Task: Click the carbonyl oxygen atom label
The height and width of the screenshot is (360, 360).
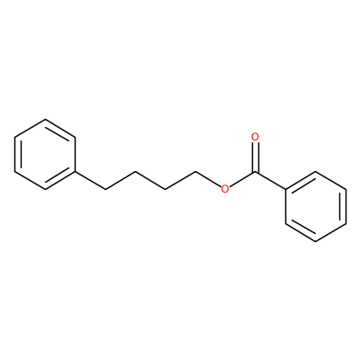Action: [256, 137]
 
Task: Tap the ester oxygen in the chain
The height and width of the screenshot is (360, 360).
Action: [225, 189]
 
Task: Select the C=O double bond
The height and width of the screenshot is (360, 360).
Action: [256, 157]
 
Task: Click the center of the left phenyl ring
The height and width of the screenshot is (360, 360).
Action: [45, 155]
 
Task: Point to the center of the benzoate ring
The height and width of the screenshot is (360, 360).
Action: [316, 206]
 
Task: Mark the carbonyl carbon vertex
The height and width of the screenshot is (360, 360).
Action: [256, 172]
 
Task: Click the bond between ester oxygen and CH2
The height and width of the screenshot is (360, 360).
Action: [208, 179]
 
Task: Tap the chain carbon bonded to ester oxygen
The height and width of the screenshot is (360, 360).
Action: [195, 172]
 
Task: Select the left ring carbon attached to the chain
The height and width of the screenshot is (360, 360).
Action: [75, 172]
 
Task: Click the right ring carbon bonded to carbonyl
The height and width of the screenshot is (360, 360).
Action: [285, 189]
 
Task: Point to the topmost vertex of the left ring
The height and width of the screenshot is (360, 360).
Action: [45, 120]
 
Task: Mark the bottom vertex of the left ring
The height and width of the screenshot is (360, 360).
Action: [45, 189]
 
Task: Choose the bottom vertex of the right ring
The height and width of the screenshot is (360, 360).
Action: [316, 241]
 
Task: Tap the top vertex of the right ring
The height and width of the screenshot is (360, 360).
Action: [316, 172]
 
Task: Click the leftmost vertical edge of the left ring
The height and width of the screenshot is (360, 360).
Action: [15, 155]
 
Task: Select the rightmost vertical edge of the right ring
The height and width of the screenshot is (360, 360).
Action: [346, 206]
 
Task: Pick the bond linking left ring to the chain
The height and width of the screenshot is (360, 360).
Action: [90, 181]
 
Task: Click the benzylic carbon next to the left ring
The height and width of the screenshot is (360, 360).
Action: [105, 189]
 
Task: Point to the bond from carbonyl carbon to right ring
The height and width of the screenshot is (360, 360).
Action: [270, 181]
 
